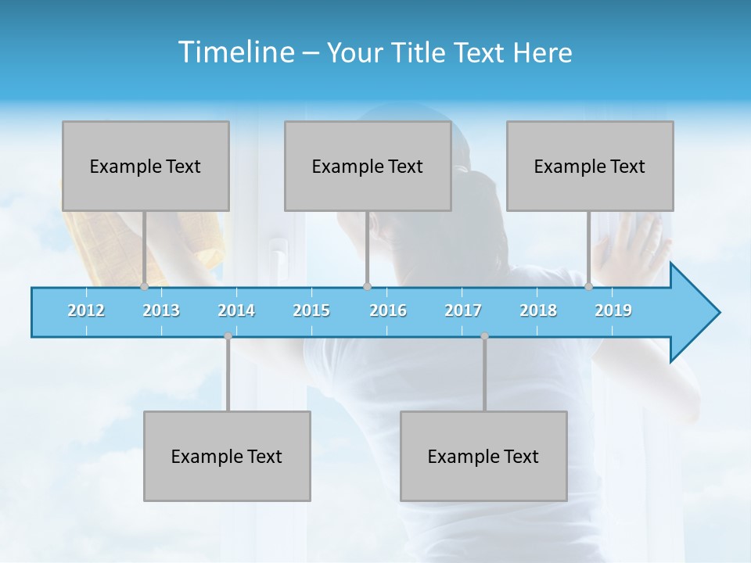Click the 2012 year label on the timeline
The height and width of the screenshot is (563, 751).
click(x=86, y=310)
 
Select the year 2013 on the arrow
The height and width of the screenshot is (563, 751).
click(x=161, y=310)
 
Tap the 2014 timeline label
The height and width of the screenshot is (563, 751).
click(x=236, y=310)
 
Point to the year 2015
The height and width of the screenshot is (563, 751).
click(x=311, y=310)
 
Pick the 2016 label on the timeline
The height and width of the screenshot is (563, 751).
click(x=388, y=310)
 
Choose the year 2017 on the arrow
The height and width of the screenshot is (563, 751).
click(x=463, y=310)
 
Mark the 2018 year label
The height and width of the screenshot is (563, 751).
click(x=538, y=310)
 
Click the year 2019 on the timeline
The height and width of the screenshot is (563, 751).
click(x=613, y=310)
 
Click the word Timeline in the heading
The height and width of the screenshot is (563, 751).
click(x=235, y=52)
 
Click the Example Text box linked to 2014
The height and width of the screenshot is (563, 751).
click(x=227, y=456)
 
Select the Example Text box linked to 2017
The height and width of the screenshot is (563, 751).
click(x=483, y=456)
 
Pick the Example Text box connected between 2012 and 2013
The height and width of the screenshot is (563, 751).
click(x=146, y=166)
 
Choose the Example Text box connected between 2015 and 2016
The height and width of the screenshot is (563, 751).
click(x=368, y=166)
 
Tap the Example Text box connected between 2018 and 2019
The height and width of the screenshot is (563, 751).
click(x=590, y=166)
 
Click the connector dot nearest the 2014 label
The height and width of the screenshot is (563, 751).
click(x=228, y=336)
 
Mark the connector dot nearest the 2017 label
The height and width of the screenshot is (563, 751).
click(x=484, y=336)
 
